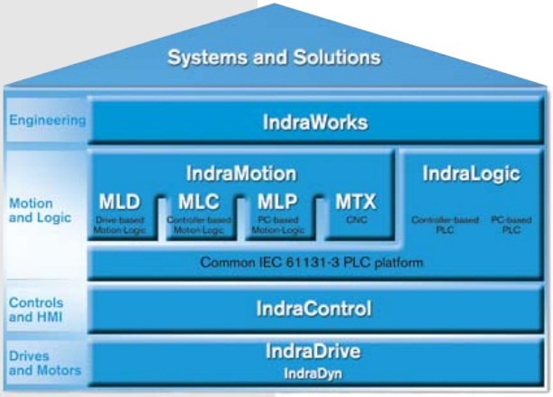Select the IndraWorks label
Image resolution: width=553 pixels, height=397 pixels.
[315, 121]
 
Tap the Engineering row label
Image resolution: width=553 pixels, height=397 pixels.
[47, 120]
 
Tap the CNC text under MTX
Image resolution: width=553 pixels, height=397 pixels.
[354, 219]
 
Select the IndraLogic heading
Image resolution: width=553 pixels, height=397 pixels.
[471, 175]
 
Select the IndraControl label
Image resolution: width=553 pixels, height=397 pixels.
[315, 309]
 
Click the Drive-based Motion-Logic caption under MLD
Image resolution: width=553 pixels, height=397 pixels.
[119, 225]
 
